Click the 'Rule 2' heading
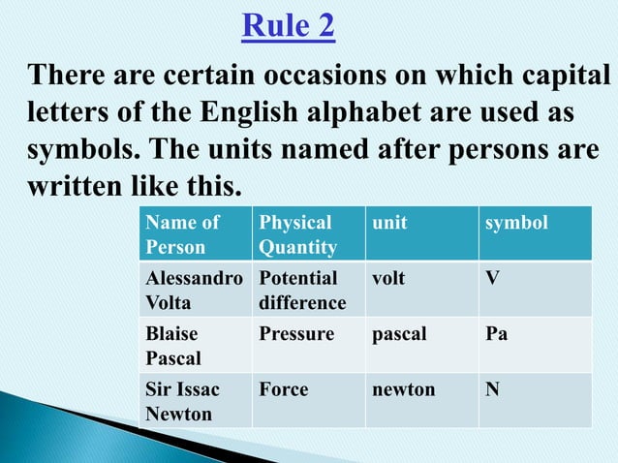point(288,26)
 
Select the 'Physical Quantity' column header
point(295,235)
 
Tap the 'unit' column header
point(389,224)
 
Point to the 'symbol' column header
point(516,224)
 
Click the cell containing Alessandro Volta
point(194,290)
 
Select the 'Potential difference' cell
point(302,290)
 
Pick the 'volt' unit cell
point(388,278)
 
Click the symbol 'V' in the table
point(494,278)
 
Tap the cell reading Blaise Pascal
point(173,346)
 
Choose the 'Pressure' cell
point(296,334)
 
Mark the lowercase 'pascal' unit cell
point(397,334)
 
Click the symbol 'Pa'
point(498,334)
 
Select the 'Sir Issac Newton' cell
point(182,401)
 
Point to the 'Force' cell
point(284,389)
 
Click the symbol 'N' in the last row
point(494,389)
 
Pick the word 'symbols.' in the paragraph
point(85,152)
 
